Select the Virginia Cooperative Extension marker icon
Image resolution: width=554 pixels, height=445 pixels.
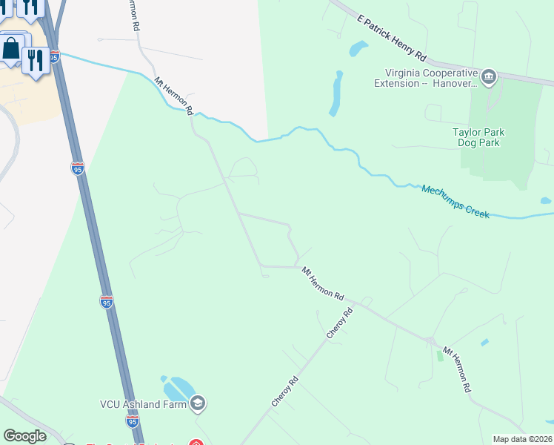pyautogui.click(x=488, y=76)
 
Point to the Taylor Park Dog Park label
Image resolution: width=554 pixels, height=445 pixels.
pyautogui.click(x=478, y=137)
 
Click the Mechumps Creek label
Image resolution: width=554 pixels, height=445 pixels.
pyautogui.click(x=455, y=201)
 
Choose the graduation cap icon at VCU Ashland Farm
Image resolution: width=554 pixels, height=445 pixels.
pyautogui.click(x=197, y=403)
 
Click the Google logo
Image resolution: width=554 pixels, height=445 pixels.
pyautogui.click(x=24, y=436)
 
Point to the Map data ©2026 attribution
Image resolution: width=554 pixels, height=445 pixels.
pyautogui.click(x=522, y=439)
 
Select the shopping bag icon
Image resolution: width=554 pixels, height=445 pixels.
pyautogui.click(x=12, y=50)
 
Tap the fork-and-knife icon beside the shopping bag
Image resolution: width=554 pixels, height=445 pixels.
pyautogui.click(x=34, y=59)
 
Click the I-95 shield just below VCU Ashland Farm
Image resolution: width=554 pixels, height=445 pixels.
pyautogui.click(x=132, y=421)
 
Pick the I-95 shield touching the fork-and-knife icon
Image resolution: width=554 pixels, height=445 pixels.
pyautogui.click(x=54, y=56)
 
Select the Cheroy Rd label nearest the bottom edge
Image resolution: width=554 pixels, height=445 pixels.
pyautogui.click(x=284, y=391)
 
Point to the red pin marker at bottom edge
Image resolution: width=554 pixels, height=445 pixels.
pyautogui.click(x=196, y=442)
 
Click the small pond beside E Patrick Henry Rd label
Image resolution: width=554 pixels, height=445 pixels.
pyautogui.click(x=358, y=50)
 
